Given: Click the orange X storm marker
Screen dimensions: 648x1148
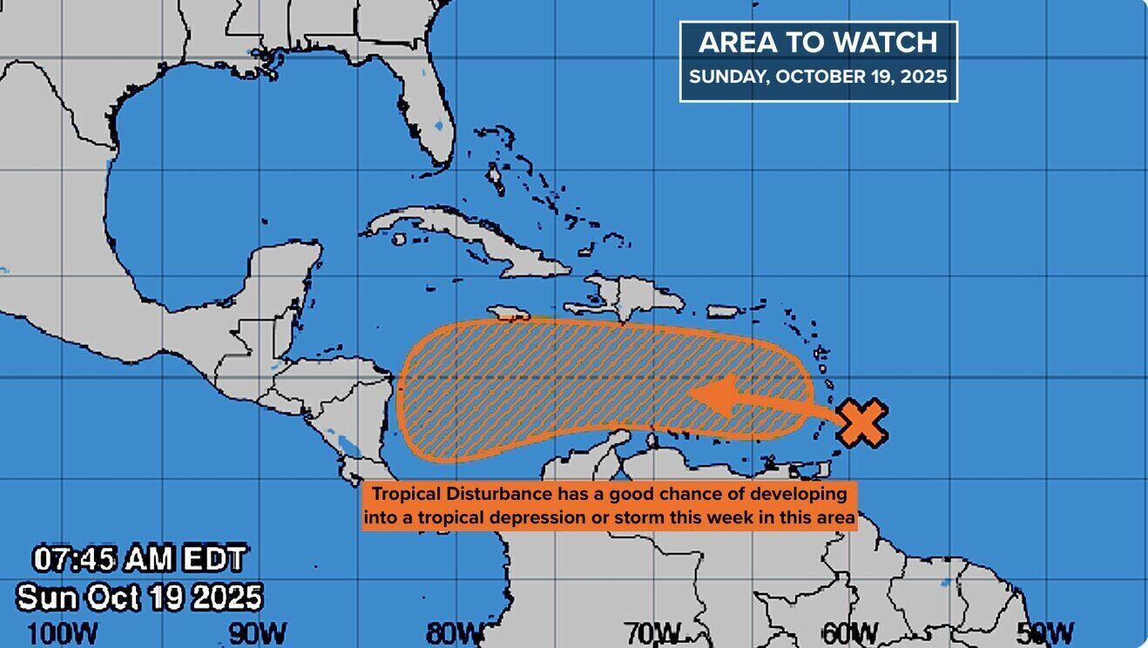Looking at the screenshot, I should click(x=861, y=423).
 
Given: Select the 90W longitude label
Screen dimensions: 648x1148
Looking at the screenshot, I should click(x=257, y=632).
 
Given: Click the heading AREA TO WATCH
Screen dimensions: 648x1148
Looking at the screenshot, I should click(x=817, y=43).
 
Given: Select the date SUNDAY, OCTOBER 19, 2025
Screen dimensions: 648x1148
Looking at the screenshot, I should click(x=817, y=77).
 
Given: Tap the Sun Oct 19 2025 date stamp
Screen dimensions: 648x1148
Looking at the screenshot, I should click(x=139, y=597).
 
